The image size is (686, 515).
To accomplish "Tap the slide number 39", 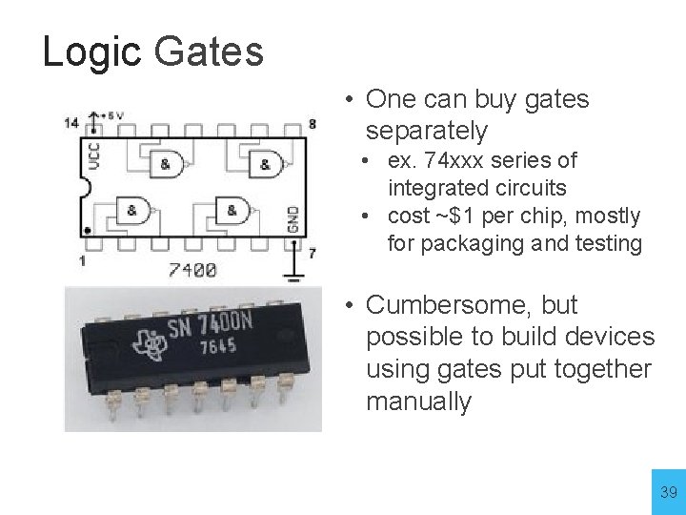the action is point(669,492).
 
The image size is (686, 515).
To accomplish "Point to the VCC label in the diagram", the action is point(93,155).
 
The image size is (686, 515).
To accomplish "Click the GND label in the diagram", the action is point(293,218).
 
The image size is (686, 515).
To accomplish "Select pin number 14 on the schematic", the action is point(71,122).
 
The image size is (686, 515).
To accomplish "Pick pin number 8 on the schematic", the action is point(313,124).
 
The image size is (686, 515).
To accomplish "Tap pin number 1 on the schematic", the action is point(83,260).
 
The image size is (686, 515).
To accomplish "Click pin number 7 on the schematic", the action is point(312,253).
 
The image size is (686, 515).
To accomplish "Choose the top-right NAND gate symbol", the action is point(266,164).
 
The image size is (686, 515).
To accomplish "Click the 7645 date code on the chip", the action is point(219,348).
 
